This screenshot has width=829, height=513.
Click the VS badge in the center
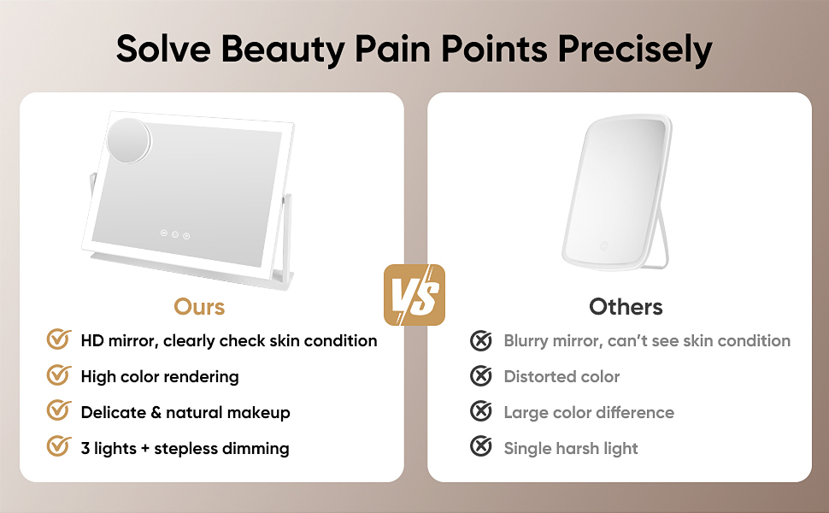(414, 295)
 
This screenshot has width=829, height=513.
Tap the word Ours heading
(199, 306)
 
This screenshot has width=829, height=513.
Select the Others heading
(626, 306)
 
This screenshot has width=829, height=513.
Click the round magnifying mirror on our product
(129, 139)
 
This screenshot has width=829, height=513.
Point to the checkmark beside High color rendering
(58, 375)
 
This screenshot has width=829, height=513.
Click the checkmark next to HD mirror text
(58, 339)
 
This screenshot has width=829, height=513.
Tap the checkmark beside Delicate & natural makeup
(58, 411)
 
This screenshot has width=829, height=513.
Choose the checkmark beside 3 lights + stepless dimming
(58, 447)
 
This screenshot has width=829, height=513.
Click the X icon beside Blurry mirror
(481, 340)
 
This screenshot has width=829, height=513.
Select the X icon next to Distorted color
(481, 376)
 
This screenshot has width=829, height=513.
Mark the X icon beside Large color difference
(481, 412)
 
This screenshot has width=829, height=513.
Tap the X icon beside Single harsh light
(481, 448)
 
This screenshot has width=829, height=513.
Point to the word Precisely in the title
(634, 50)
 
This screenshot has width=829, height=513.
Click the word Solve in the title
(163, 50)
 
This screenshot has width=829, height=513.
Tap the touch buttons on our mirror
(173, 234)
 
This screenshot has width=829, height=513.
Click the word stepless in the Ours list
(192, 448)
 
